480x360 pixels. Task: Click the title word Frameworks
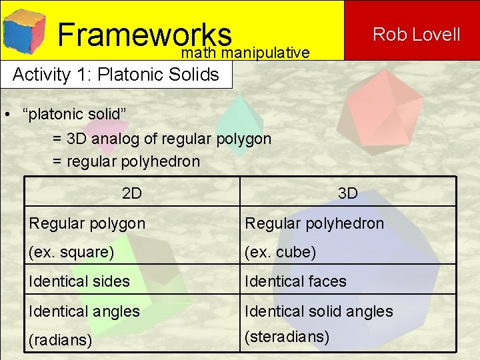coord(144,34)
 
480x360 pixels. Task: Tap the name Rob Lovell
coord(416,34)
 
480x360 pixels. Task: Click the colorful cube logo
coord(24,30)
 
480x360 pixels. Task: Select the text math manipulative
coord(245,53)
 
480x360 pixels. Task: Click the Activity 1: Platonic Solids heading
coord(115,74)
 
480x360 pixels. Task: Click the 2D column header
coord(132,193)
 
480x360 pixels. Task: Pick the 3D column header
coord(347,193)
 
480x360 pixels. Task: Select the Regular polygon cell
coord(87,223)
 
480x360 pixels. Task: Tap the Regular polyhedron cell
coord(314,223)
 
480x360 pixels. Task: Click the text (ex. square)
coord(71,253)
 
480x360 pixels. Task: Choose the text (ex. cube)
coord(280,253)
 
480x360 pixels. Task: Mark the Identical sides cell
coord(79,281)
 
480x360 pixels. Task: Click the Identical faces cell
coord(295,281)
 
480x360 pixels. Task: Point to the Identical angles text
coord(84,311)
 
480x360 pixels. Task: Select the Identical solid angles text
coord(319,311)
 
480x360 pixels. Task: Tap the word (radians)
coord(61,339)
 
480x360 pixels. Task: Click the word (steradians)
coord(287,337)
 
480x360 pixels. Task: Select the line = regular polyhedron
coord(126,161)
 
